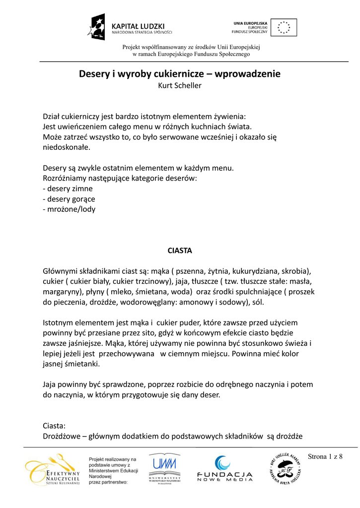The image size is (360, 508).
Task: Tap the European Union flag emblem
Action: (285, 27)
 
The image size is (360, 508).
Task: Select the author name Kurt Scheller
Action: (179, 85)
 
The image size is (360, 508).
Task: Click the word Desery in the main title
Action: (95, 74)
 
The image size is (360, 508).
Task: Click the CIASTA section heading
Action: (179, 251)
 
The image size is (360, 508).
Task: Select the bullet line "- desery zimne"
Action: (68, 189)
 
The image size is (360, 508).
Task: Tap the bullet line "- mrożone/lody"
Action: (69, 209)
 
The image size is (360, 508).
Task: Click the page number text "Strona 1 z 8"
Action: (326, 457)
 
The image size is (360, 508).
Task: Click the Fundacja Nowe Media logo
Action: (224, 469)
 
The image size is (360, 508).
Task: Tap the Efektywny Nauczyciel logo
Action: (53, 469)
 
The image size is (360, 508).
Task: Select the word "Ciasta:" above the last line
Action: (54, 426)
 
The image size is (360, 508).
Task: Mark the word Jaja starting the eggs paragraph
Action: (51, 384)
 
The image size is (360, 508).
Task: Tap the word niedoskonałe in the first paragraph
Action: (67, 147)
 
